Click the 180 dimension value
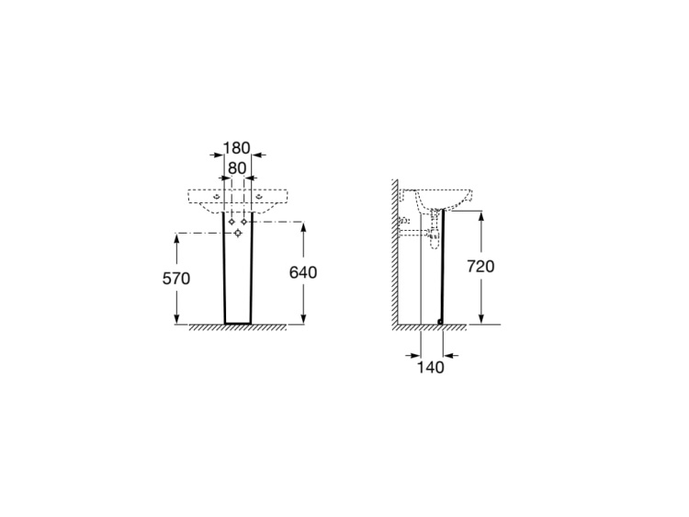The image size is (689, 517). click(x=237, y=148)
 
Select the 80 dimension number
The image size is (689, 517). click(x=237, y=168)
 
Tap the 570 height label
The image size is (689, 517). click(x=176, y=279)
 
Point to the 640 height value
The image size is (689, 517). click(x=303, y=273)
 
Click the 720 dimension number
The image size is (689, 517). click(x=480, y=266)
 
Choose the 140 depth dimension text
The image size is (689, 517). click(x=430, y=367)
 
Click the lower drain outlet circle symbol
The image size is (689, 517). click(x=238, y=233)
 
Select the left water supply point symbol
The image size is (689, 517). click(x=232, y=222)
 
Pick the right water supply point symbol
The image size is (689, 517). click(x=244, y=222)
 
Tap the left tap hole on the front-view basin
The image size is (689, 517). click(x=216, y=196)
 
